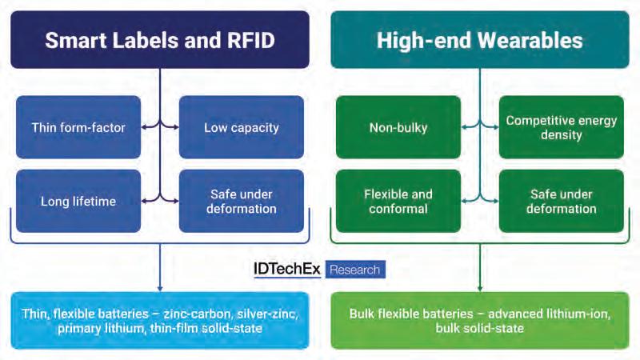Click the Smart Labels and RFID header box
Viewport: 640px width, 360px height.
160,39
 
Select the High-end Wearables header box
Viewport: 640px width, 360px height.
480,39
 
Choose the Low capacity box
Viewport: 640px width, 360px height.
241,127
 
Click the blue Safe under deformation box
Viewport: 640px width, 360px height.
241,201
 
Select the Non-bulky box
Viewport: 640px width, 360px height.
398,127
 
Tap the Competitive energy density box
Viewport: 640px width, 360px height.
561,127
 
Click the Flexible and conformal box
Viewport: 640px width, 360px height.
398,201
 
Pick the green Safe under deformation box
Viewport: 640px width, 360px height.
561,201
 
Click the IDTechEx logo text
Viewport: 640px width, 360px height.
282,270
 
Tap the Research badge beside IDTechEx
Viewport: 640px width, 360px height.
355,270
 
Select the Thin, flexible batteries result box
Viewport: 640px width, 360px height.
160,320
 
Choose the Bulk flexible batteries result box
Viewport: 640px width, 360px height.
480,320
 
